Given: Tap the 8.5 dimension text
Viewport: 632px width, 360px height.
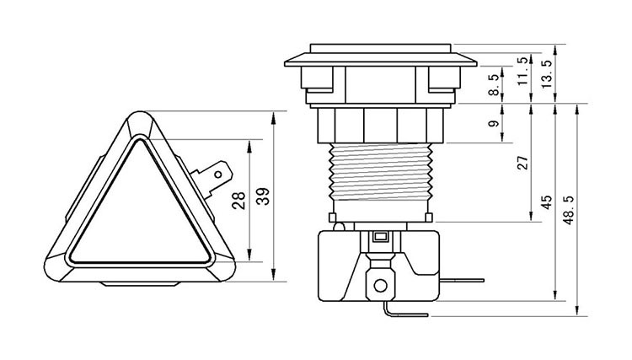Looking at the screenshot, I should tap(494, 84).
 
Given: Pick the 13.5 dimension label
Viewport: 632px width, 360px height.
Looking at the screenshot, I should tap(548, 73).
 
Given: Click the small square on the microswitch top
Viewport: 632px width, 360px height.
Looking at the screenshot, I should tap(380, 238).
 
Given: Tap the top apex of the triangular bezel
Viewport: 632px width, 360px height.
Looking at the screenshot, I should tap(142, 119).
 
